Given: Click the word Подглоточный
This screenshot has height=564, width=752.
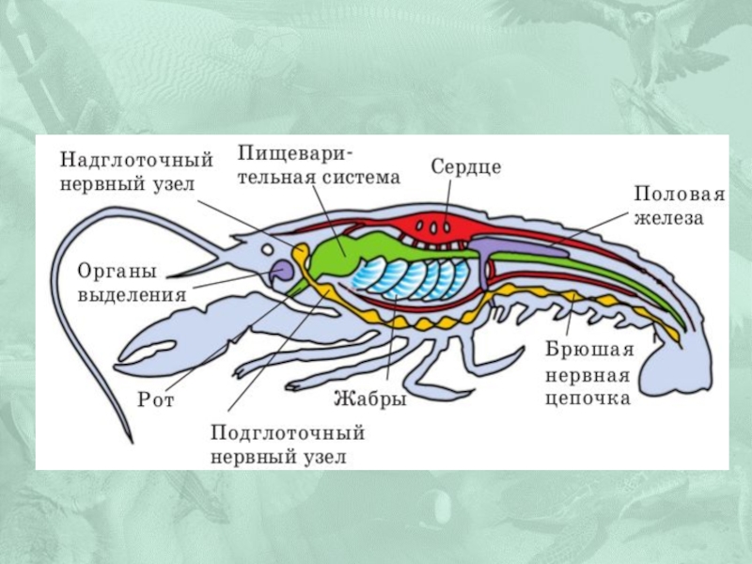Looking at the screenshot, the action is tap(287, 434).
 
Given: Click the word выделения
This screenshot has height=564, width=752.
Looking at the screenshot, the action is tap(132, 293).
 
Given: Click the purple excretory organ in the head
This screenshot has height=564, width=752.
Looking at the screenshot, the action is tap(281, 274).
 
